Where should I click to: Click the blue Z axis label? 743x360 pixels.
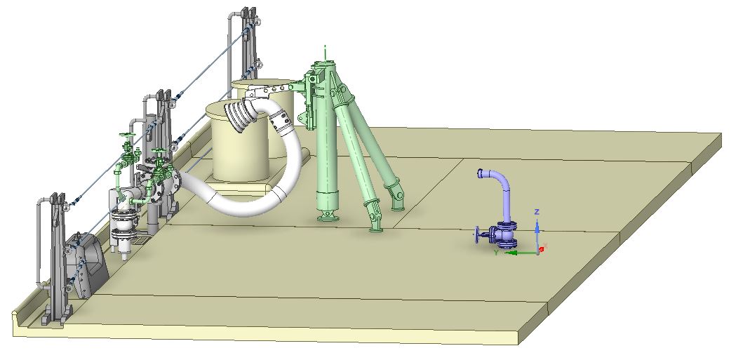coord(537,212)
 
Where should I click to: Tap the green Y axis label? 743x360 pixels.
coord(496,253)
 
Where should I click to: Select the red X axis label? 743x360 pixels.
coord(545,246)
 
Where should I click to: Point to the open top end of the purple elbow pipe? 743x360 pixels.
coord(481,173)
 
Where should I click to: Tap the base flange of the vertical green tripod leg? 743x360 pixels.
coord(328,217)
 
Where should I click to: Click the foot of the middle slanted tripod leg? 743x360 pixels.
coord(376,227)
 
